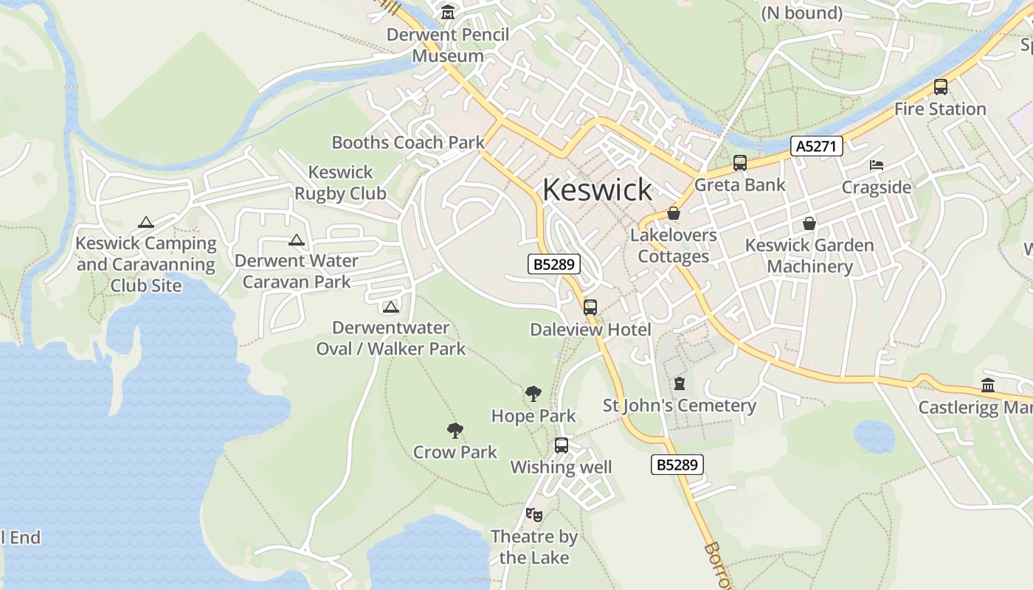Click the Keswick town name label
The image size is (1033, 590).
pos(597,190)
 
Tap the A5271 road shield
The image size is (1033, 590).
pos(816,146)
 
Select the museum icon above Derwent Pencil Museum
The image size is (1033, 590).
pos(448,13)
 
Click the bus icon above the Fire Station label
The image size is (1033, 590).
pos(940,87)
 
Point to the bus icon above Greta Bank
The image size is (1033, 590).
pos(740,163)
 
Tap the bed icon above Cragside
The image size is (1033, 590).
pos(877,165)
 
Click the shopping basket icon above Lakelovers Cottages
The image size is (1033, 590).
pos(674,213)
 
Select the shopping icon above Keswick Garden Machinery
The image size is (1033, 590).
pos(809,223)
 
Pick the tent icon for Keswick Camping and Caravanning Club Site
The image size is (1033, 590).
pos(146,222)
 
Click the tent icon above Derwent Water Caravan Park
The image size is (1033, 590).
pos(297,240)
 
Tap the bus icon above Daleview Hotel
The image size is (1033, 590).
pos(590,308)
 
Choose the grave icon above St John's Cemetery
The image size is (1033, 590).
pos(679,383)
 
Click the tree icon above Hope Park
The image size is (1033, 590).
pos(533,394)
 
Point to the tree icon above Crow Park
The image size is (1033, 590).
pos(455,430)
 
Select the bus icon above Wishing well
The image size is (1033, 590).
pos(562,445)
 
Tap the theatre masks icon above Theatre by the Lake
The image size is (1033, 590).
pos(533,514)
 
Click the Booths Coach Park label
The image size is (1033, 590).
pos(408,142)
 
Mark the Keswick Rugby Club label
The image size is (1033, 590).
pos(340,183)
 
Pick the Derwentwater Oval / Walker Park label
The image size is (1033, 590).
pos(391,338)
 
